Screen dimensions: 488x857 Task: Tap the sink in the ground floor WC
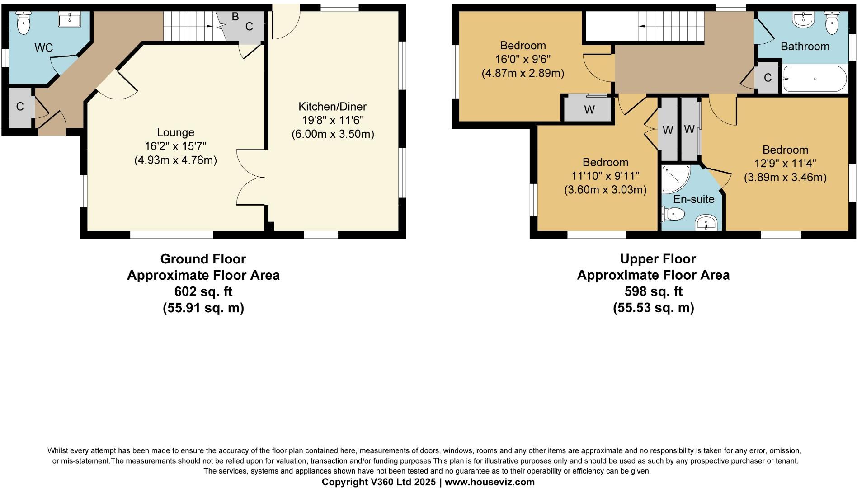(70, 20)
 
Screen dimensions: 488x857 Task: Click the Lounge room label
(175, 132)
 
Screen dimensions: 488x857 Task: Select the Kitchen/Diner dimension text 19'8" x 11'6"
(333, 121)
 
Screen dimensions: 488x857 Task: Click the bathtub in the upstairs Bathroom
(815, 79)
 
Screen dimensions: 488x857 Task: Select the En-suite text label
(693, 199)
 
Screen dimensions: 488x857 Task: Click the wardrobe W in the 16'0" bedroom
(589, 109)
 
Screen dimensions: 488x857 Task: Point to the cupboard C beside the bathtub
(768, 78)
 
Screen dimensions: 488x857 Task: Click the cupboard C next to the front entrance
(20, 107)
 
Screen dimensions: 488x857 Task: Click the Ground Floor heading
(203, 259)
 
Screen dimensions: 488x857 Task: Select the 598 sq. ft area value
(653, 291)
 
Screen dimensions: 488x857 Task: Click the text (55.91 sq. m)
(203, 308)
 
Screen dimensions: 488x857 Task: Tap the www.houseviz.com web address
(490, 482)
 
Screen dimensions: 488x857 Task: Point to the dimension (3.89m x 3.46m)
(785, 178)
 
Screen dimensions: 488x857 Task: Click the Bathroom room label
(805, 47)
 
